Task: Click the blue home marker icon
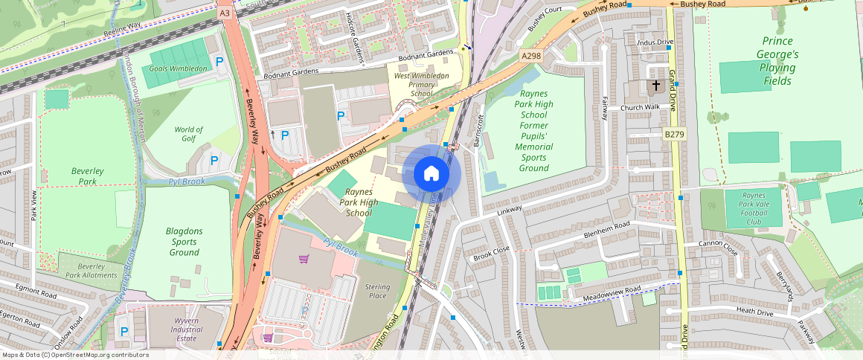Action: coord(431,174)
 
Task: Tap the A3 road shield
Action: coord(224,13)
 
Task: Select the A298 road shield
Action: coord(530,56)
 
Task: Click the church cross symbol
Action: coord(656,86)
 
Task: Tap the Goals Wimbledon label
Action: coord(179,68)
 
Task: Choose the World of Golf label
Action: coord(188,134)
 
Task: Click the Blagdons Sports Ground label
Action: coord(184,242)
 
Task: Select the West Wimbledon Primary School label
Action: coord(421,85)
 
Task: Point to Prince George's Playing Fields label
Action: coord(777,61)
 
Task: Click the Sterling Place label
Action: coord(376,291)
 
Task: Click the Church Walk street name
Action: coord(641,108)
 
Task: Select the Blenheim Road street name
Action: coord(606,225)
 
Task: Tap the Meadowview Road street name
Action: coord(612,291)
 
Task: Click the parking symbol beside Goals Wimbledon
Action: coord(219,62)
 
